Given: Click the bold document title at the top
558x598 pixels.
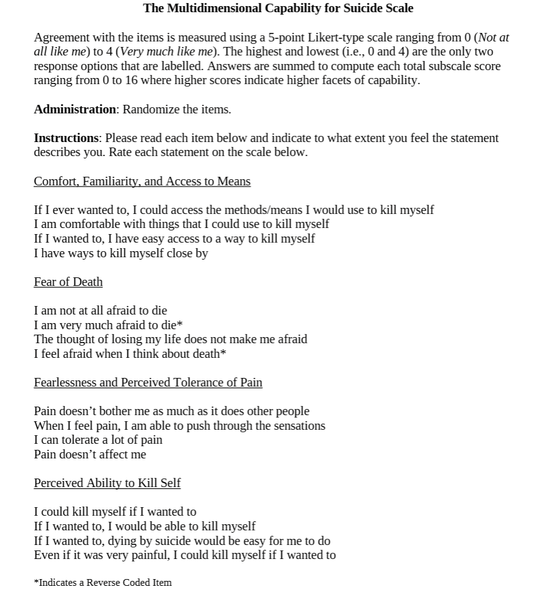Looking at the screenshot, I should pyautogui.click(x=278, y=9).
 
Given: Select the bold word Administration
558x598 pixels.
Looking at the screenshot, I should pyautogui.click(x=74, y=110).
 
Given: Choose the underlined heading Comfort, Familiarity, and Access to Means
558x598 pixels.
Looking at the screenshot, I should pyautogui.click(x=142, y=182).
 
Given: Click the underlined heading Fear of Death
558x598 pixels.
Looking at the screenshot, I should pyautogui.click(x=68, y=282).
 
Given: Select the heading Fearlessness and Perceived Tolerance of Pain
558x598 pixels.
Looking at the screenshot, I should pyautogui.click(x=148, y=383).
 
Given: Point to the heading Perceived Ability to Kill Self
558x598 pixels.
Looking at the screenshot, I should pyautogui.click(x=107, y=483).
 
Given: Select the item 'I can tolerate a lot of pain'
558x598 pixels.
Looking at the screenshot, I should pyautogui.click(x=98, y=440).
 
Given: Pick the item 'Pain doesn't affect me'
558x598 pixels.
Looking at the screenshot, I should pyautogui.click(x=90, y=455).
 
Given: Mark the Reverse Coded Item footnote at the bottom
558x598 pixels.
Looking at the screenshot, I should pyautogui.click(x=103, y=583).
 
